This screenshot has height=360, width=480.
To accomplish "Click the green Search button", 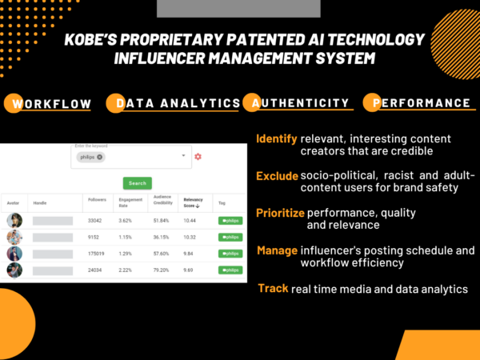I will (x=138, y=183).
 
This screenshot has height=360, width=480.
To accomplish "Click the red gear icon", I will (x=198, y=156).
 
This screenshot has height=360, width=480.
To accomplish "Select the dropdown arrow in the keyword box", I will (x=183, y=156).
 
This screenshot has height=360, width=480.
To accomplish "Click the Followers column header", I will (x=96, y=202).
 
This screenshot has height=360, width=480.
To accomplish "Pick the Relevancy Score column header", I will (x=194, y=202).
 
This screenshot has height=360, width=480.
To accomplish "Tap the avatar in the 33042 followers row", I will (x=14, y=220).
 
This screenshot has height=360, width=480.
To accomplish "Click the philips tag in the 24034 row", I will (x=230, y=270).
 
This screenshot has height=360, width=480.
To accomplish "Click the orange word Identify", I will (x=277, y=138).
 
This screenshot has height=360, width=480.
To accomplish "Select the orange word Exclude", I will (x=277, y=175).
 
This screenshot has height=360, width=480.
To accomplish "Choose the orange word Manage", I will (x=277, y=250).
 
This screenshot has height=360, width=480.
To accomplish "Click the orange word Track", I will (x=273, y=287).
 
